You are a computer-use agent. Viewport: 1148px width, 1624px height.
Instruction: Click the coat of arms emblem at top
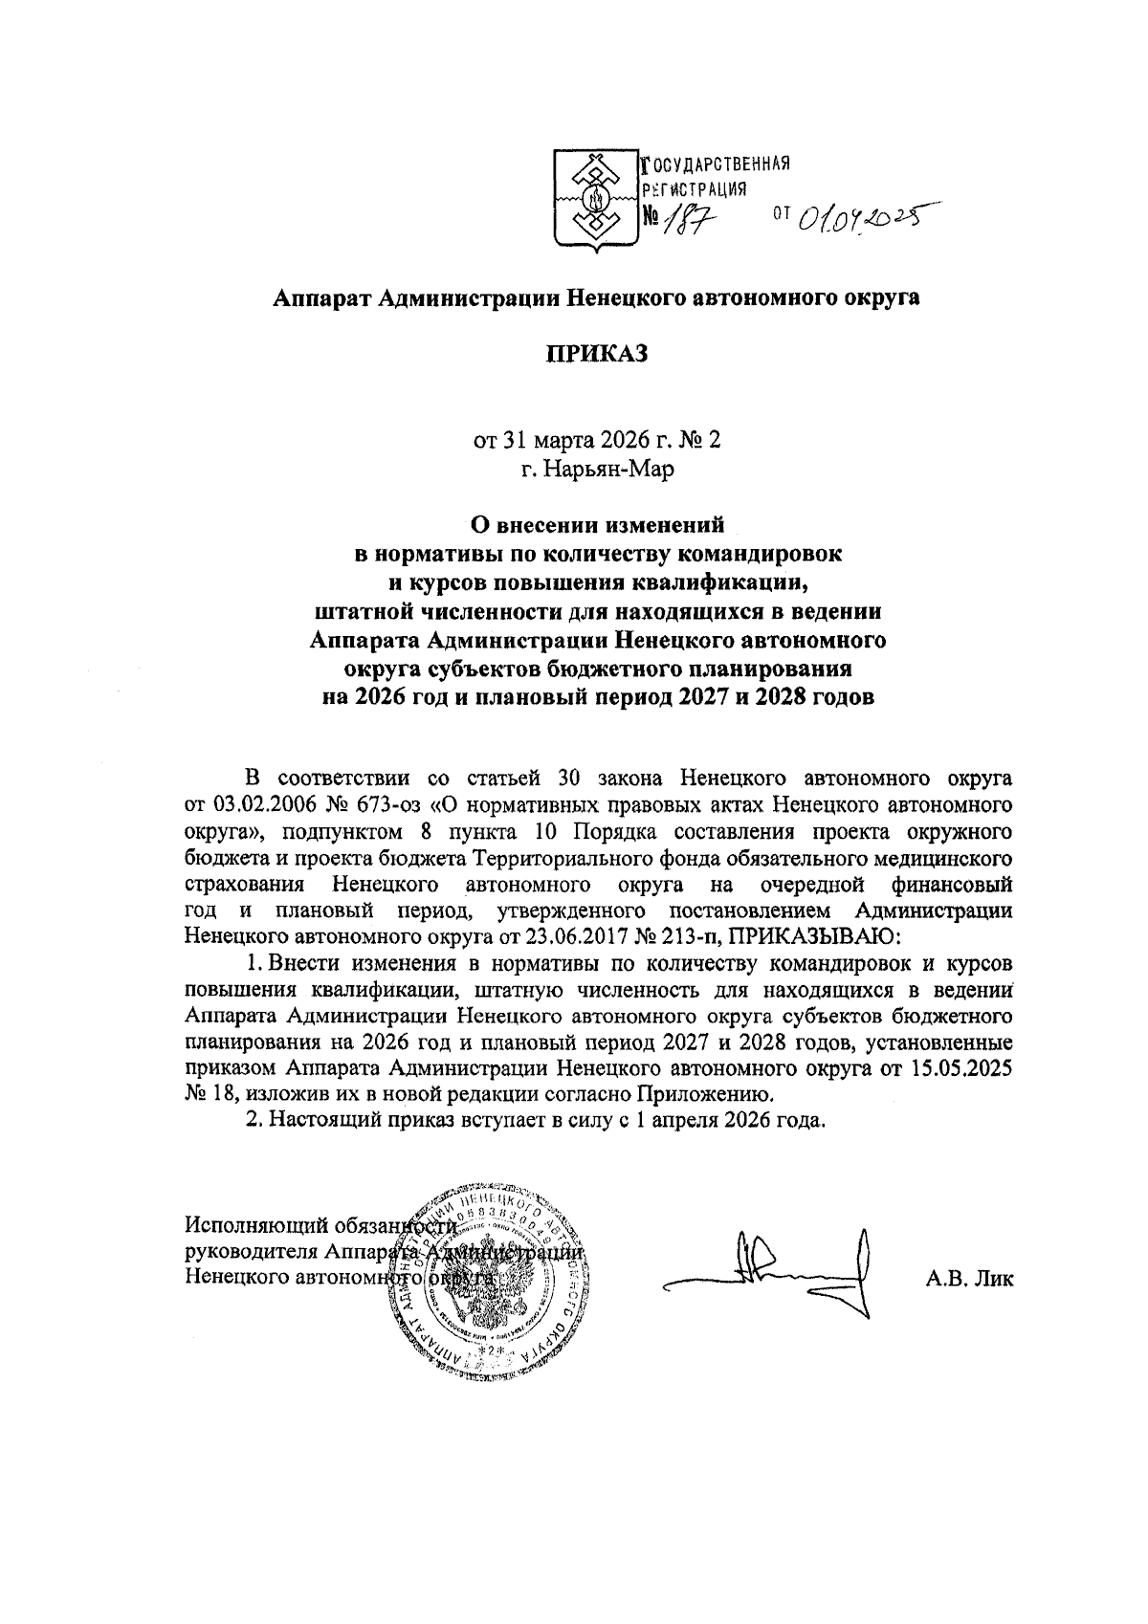(x=596, y=202)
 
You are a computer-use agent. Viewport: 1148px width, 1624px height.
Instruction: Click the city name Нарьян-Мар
(x=597, y=470)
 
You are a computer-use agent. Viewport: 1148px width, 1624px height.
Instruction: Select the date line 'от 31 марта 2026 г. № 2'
(x=597, y=441)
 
